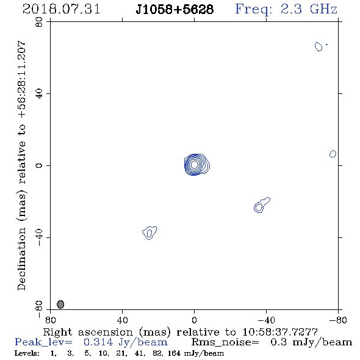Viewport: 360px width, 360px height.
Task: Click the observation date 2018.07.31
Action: coord(61,9)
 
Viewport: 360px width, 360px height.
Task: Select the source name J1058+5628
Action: coord(175,9)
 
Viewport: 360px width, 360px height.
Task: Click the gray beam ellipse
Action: coord(60,304)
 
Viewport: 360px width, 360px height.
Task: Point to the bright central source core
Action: coord(194,164)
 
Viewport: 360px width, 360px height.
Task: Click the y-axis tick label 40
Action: coord(39,93)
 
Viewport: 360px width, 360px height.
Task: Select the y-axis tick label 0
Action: coord(39,165)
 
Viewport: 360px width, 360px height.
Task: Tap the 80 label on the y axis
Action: coord(39,22)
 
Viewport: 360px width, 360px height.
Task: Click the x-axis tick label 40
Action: coord(122,320)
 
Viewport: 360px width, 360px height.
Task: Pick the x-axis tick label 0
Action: coord(194,320)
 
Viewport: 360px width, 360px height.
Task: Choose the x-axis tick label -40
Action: coord(266,320)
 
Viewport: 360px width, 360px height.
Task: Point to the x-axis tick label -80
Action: coord(338,320)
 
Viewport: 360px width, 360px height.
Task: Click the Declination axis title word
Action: coord(21,259)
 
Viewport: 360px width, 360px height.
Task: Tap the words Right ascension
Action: coord(88,332)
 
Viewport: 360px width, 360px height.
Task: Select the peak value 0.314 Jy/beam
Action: coord(126,342)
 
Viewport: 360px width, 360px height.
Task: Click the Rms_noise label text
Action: coord(225,342)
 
